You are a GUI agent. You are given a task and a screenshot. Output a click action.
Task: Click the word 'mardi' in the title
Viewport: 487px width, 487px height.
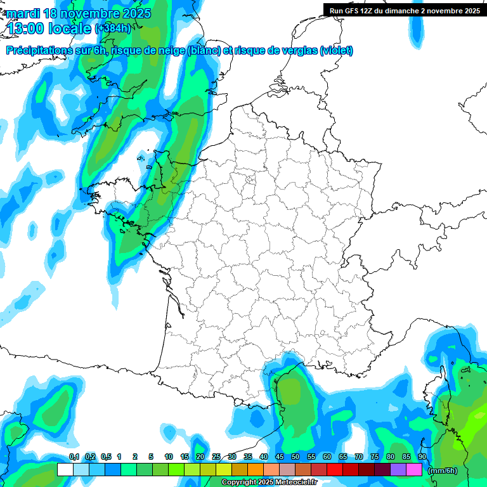(23, 13)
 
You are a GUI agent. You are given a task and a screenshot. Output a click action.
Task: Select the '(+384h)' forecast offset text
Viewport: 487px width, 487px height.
(113, 29)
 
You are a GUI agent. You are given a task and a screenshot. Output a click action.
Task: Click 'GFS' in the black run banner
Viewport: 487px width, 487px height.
(353, 10)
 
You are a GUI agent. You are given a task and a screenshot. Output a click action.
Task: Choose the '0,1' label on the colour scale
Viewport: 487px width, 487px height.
(74, 457)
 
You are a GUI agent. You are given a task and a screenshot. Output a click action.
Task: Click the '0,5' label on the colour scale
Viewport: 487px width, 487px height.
(106, 457)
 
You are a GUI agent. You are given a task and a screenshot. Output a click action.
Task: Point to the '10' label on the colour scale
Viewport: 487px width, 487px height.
(169, 457)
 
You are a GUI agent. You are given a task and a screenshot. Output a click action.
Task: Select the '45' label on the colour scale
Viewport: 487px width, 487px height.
(280, 457)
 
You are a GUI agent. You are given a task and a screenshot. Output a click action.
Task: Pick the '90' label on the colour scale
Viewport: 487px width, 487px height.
(422, 457)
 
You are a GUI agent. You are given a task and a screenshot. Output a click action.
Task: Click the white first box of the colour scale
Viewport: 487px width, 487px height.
(65, 470)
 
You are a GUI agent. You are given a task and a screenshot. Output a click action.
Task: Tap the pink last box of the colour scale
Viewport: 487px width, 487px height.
(414, 470)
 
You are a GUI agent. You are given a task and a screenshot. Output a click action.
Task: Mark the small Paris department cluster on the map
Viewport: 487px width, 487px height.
(250, 182)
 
